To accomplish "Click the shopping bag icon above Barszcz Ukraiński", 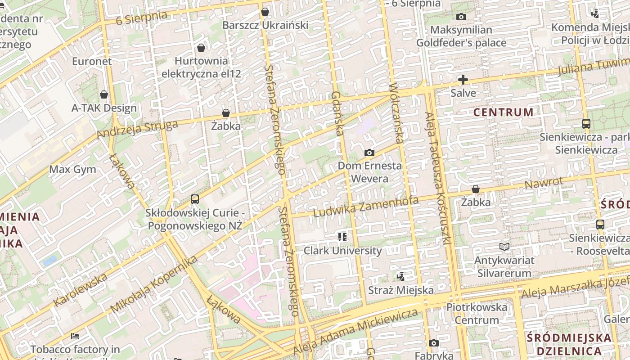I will (265, 12).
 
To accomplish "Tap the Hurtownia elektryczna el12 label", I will (201, 67).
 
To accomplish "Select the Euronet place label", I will (92, 61).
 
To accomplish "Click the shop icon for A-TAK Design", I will (104, 94).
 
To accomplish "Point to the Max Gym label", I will (72, 169).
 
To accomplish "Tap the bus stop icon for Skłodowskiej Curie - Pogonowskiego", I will (195, 199).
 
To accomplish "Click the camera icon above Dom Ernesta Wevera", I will (369, 153).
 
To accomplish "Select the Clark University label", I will (342, 251).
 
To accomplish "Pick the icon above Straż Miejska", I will (400, 276).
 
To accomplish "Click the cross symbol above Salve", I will (463, 80).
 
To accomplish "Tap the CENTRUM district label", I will (504, 112).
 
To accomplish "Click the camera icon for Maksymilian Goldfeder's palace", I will (461, 17).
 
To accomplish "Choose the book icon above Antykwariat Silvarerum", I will (504, 247).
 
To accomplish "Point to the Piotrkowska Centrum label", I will (477, 314).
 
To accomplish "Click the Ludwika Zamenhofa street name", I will (366, 207).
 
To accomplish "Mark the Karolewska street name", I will (81, 289).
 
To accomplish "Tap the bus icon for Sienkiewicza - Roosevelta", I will (600, 224).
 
